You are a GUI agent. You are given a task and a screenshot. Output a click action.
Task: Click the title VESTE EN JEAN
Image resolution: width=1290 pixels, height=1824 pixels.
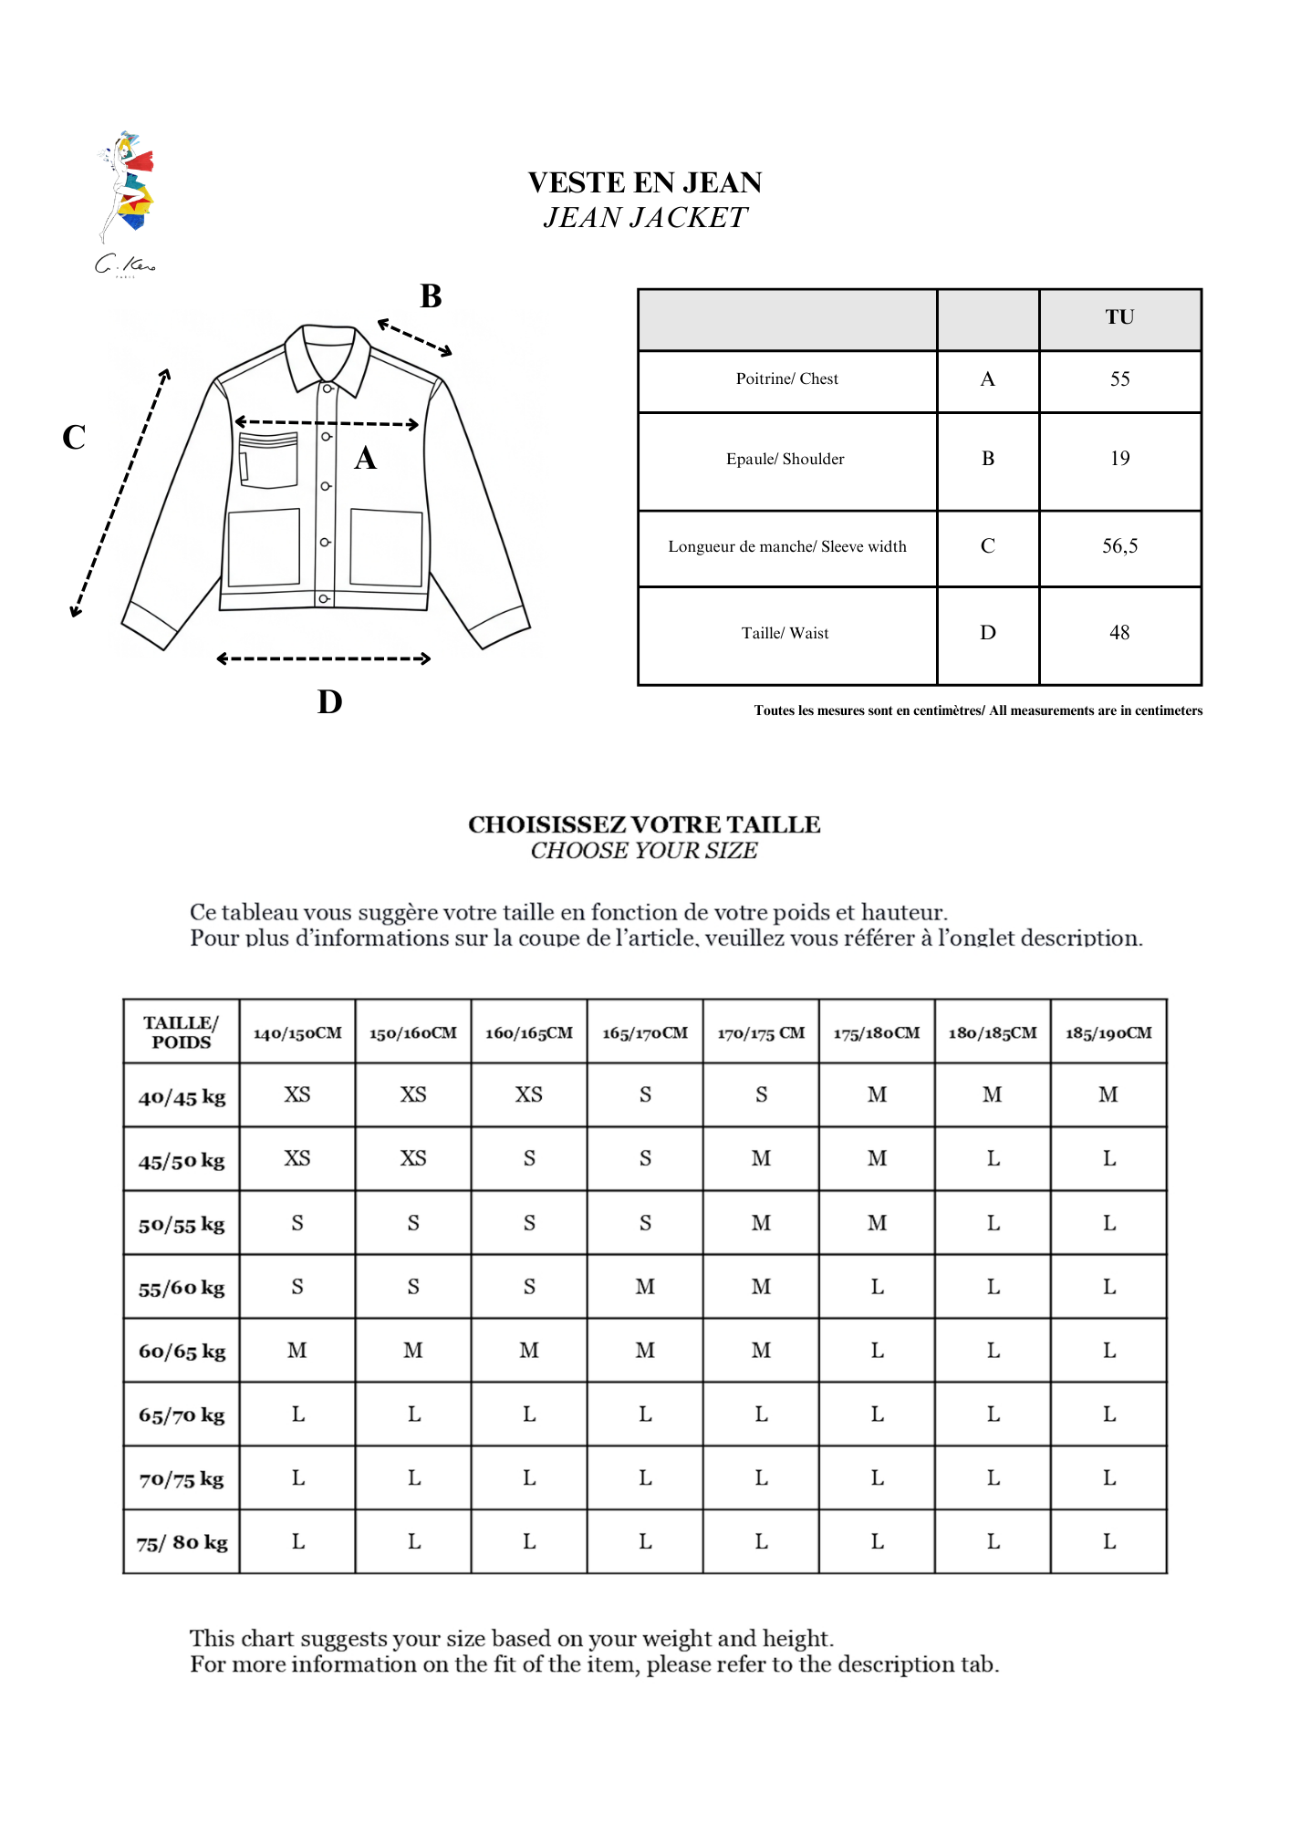[x=644, y=182]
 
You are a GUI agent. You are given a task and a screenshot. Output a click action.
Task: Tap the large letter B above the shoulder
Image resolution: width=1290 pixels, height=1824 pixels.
[x=431, y=296]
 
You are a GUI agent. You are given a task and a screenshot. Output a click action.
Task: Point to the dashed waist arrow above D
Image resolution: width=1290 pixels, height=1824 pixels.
[x=324, y=658]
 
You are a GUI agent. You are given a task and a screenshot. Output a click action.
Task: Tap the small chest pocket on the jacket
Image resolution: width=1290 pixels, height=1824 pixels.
[x=268, y=461]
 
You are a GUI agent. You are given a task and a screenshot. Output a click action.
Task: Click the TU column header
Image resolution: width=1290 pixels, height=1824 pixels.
[x=1119, y=317]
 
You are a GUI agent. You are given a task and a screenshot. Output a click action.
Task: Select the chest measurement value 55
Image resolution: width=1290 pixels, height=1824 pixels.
[x=1119, y=379]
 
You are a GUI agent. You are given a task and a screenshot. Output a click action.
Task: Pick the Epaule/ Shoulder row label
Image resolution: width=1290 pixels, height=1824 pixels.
[x=785, y=460]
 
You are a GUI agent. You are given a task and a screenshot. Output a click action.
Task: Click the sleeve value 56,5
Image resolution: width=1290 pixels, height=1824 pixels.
[x=1119, y=546]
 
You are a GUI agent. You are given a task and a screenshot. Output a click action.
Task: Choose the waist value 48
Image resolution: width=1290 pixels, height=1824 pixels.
[x=1119, y=633]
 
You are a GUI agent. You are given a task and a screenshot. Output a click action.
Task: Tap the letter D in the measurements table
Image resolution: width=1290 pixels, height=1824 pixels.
[x=988, y=633]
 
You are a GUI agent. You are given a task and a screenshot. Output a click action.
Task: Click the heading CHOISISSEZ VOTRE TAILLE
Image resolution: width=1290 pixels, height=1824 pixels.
[x=644, y=824]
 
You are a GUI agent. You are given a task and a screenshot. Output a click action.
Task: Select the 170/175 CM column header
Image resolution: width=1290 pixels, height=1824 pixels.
[x=761, y=1033]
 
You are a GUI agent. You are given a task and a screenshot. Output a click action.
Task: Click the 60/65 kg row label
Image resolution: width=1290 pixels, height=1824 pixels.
[x=182, y=1352]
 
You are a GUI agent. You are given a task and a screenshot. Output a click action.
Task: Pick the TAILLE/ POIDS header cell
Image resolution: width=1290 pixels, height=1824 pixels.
[x=182, y=1032]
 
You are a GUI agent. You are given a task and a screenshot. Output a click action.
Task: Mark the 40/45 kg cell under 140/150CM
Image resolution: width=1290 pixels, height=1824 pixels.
[x=297, y=1094]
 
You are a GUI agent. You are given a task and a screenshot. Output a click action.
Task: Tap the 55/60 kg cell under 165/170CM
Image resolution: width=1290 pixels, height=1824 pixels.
[x=645, y=1287]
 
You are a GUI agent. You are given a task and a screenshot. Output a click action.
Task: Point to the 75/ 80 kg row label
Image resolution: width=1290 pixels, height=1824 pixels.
[x=182, y=1542]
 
